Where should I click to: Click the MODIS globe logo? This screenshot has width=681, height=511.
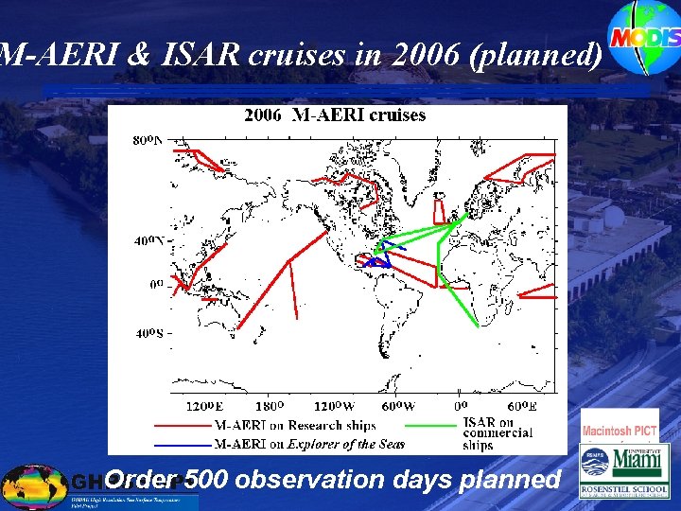(x=644, y=37)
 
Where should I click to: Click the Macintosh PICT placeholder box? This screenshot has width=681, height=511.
(x=620, y=431)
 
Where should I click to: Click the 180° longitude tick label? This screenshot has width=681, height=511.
(x=270, y=407)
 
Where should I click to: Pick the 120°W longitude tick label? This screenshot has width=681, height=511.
(x=335, y=407)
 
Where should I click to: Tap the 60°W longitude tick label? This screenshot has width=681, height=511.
(x=397, y=407)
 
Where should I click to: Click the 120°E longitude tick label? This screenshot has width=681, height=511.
(x=203, y=407)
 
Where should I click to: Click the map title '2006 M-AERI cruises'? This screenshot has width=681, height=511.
(x=335, y=115)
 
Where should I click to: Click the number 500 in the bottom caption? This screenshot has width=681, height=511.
(x=206, y=480)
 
